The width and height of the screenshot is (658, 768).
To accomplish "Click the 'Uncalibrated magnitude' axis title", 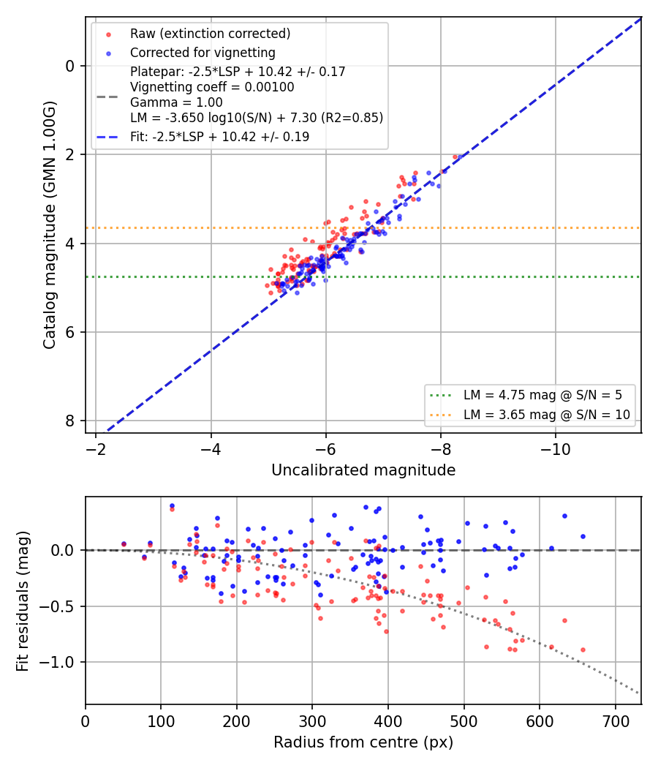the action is [x=363, y=470].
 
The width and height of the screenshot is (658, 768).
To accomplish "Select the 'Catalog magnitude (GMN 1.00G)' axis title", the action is [x=49, y=225].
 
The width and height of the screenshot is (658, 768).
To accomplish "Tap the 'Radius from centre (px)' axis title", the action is [x=363, y=742].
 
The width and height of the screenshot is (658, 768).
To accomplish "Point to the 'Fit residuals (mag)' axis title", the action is [x=22, y=601].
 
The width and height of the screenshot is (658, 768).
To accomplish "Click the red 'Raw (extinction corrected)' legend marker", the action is [x=108, y=34].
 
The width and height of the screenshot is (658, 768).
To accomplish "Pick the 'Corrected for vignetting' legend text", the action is [x=203, y=53].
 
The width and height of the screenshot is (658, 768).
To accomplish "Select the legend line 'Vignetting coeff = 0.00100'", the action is [x=212, y=87].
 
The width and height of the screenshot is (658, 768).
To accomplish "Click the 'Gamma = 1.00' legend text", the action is [x=176, y=102].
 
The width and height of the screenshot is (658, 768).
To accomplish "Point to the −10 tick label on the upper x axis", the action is [x=555, y=449].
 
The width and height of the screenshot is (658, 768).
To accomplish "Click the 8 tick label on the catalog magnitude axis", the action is [x=71, y=421].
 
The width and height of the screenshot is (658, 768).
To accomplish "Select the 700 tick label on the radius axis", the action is [x=615, y=721].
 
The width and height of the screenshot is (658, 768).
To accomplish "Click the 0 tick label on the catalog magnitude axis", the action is [x=71, y=66].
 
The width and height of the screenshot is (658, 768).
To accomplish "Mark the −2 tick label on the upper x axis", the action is [x=96, y=449].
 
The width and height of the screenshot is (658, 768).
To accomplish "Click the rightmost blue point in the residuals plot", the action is [x=583, y=537].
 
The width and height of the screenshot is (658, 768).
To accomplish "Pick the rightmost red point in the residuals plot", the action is [x=583, y=650].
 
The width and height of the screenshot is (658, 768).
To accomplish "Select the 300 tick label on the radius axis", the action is [x=312, y=721].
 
